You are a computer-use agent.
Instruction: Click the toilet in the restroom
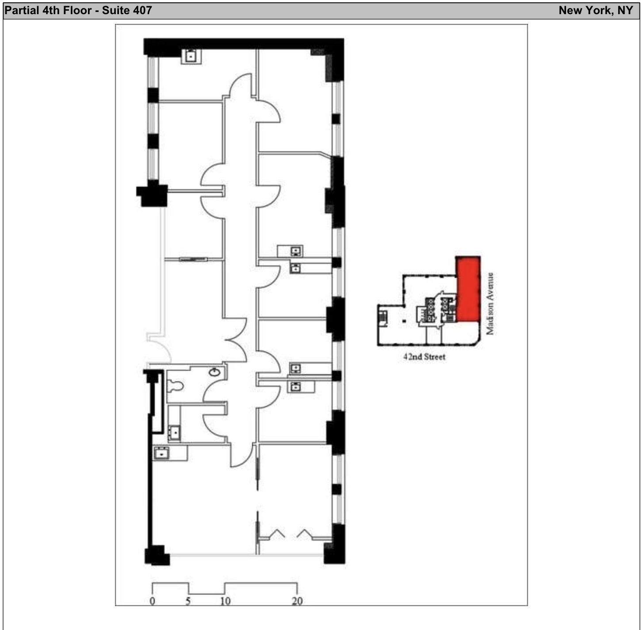176,386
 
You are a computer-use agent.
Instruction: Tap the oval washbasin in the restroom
214,372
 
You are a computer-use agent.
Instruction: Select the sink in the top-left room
191,56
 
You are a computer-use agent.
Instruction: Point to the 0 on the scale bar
153,601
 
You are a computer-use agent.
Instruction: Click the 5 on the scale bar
188,601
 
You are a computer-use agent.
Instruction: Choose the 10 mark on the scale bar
225,601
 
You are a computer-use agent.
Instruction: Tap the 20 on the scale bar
297,601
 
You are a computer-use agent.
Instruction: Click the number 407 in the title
142,10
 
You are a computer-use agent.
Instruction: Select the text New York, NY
595,10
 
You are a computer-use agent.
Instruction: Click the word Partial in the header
22,10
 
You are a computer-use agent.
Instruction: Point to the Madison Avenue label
490,303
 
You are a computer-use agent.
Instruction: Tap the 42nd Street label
424,357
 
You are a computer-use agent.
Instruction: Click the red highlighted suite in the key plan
468,290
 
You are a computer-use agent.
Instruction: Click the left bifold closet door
277,534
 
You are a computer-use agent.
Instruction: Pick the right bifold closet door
304,534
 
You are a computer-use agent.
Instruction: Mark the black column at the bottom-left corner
157,555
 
